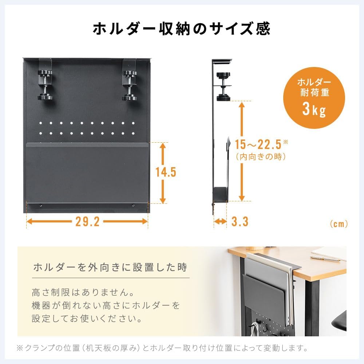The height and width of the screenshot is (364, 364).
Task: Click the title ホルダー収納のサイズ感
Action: coord(182,29)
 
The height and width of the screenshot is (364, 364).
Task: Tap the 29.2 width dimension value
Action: coord(87,221)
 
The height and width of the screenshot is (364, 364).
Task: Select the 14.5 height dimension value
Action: coord(166,172)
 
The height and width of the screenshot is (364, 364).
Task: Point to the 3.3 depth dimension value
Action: coord(240,221)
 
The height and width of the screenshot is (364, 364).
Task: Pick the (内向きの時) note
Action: coord(261,157)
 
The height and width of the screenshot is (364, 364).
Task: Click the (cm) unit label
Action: coord(339,224)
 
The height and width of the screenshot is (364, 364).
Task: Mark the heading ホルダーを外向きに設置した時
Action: coord(110,267)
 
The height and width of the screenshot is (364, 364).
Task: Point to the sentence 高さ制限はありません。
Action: coord(83,292)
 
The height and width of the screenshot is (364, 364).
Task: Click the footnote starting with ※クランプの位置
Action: coord(162,348)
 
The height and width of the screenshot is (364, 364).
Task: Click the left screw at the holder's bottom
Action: coord(41,205)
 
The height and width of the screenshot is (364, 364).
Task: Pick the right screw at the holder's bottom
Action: coord(133,205)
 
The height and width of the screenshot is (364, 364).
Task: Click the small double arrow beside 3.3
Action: coord(220,221)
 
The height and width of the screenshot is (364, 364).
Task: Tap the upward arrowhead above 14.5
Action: coord(163,146)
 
